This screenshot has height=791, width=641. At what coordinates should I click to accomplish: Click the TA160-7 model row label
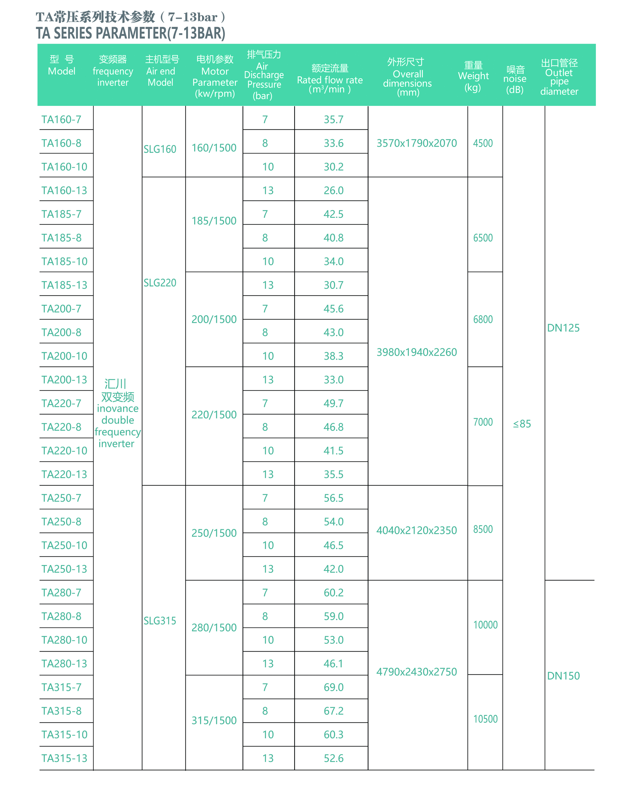(x=61, y=120)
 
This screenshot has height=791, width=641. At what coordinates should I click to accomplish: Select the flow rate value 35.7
(x=333, y=120)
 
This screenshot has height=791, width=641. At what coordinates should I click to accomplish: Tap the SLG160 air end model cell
(x=160, y=149)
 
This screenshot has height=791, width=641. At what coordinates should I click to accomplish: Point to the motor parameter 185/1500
(x=214, y=221)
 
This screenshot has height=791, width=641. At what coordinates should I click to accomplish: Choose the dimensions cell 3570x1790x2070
(x=416, y=143)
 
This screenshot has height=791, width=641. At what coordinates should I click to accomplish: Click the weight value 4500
(x=483, y=143)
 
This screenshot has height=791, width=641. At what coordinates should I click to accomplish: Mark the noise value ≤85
(x=522, y=424)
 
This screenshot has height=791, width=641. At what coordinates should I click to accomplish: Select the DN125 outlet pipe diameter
(x=563, y=328)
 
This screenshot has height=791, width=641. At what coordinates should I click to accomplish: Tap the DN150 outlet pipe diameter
(x=563, y=676)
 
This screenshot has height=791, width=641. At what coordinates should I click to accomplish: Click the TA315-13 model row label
(x=64, y=758)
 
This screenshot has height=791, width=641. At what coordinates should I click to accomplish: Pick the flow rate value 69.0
(x=333, y=687)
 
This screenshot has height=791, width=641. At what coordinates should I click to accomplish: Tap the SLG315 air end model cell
(x=160, y=621)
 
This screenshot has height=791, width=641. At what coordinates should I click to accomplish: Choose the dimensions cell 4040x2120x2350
(x=416, y=530)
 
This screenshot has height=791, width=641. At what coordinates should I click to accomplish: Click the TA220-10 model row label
(x=64, y=451)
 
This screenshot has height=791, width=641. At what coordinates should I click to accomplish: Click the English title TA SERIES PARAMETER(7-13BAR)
(x=130, y=33)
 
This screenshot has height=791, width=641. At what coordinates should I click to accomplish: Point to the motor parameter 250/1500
(x=214, y=533)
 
